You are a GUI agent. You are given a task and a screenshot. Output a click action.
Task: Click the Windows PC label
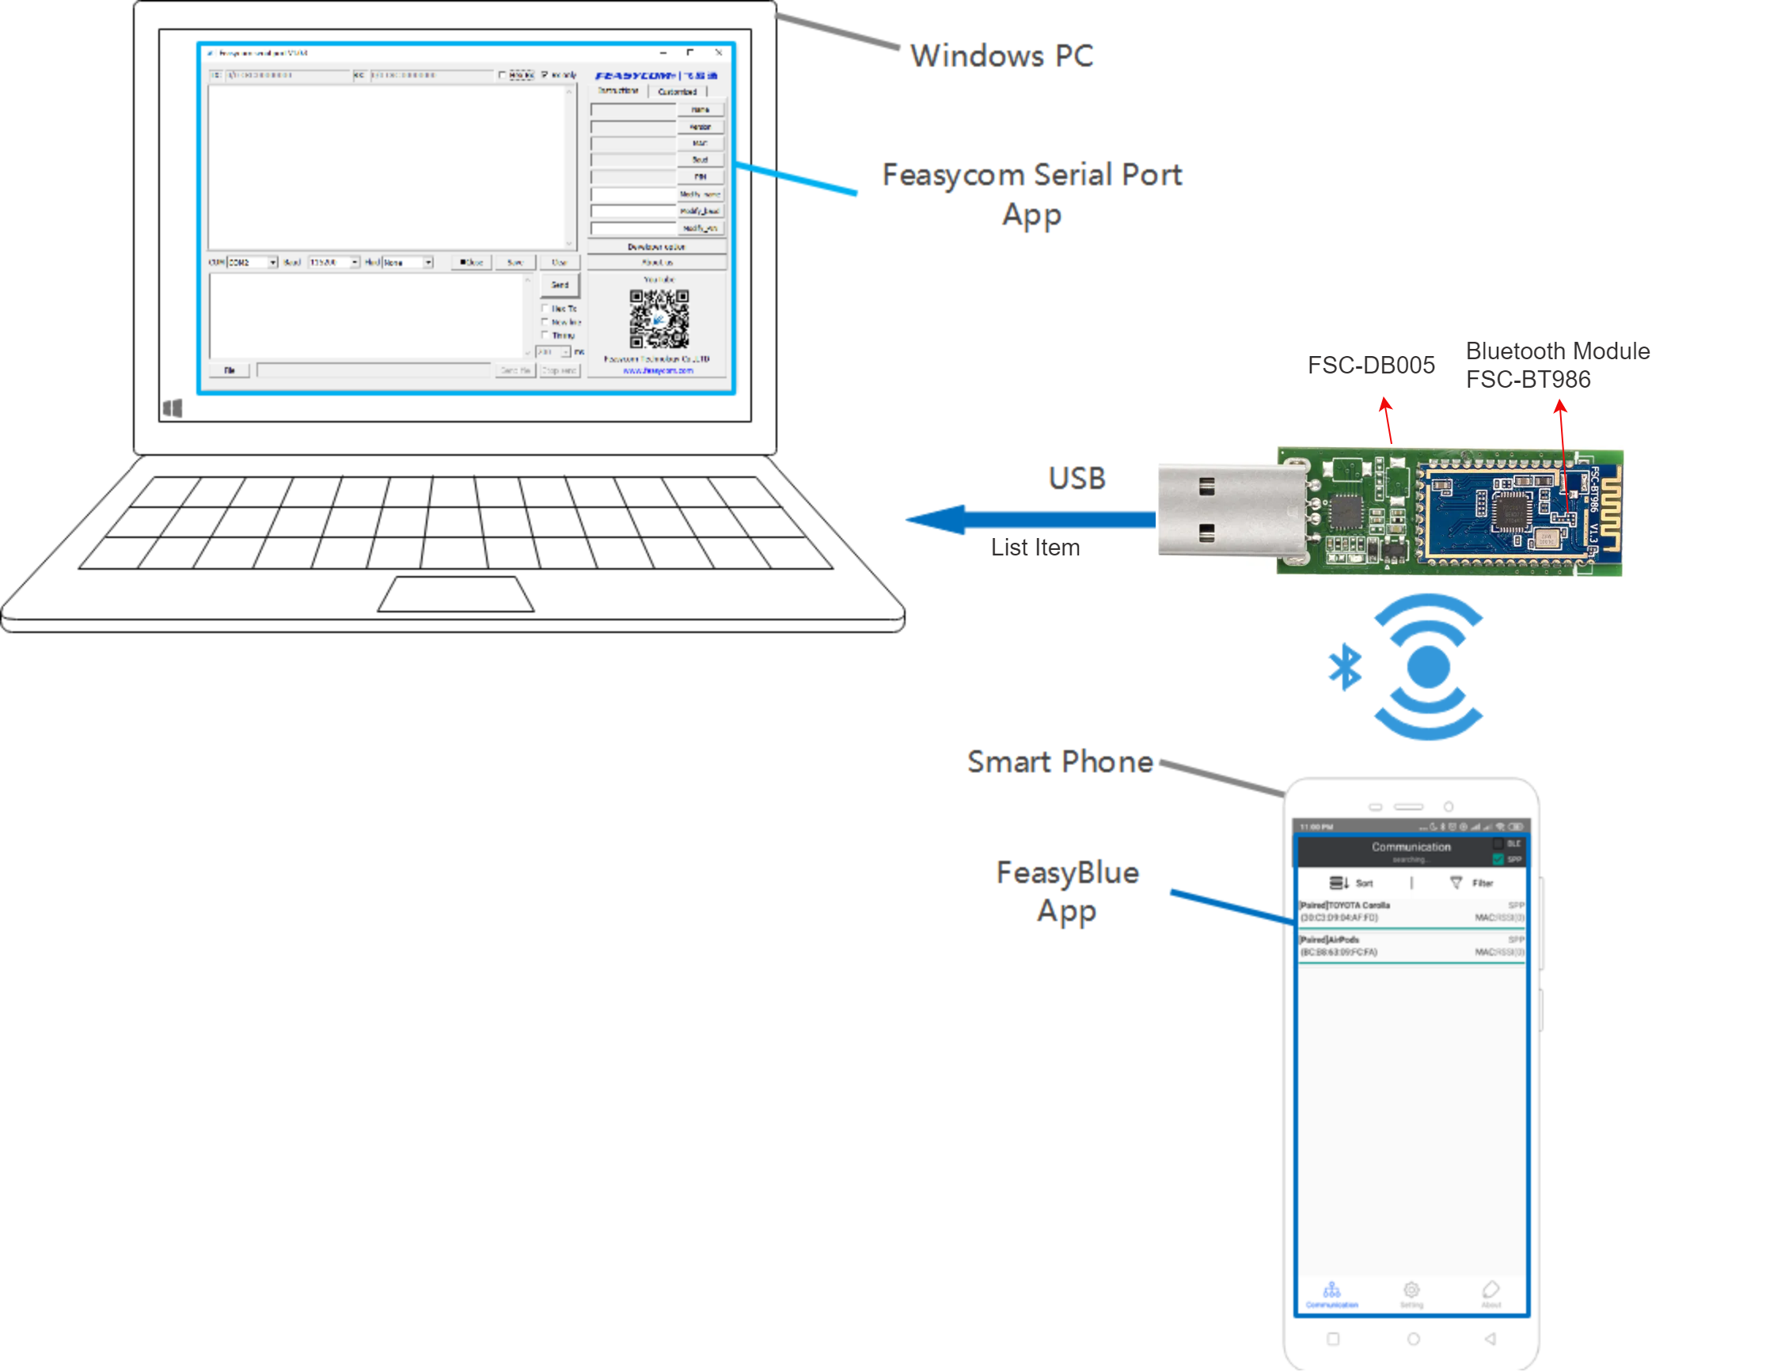(x=1001, y=55)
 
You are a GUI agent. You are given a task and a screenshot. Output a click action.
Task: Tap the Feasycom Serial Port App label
(x=1031, y=194)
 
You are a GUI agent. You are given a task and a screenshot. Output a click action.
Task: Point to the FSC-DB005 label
(x=1371, y=366)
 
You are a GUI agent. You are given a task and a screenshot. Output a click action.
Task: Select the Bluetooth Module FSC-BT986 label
(x=1557, y=366)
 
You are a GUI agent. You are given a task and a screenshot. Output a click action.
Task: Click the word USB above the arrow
(x=1077, y=479)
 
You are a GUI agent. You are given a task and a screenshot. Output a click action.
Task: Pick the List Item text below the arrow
(x=1035, y=548)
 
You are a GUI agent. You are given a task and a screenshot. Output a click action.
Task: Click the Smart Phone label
(x=1059, y=761)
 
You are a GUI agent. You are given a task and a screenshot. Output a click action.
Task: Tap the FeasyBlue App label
(x=1067, y=891)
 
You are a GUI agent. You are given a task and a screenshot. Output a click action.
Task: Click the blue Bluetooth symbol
(x=1345, y=667)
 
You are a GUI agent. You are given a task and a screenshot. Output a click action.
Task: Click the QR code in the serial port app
(x=659, y=319)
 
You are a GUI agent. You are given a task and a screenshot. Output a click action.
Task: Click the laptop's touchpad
(x=456, y=594)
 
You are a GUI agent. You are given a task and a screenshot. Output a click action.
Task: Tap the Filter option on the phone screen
(x=1472, y=883)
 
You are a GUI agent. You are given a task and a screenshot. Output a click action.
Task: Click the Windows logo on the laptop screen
(x=172, y=407)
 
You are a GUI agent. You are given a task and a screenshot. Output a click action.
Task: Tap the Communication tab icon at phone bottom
(x=1331, y=1291)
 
